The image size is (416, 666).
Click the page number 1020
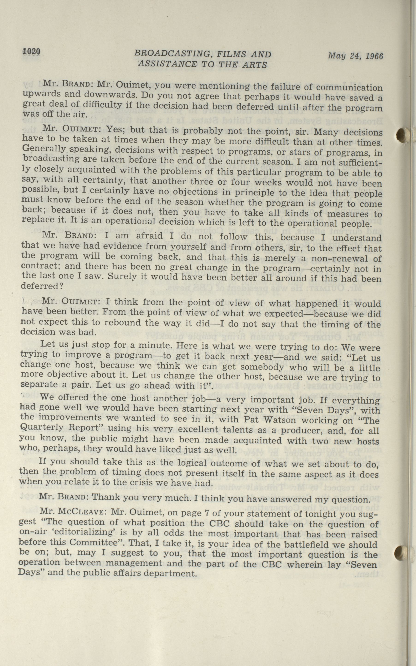(x=32, y=51)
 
